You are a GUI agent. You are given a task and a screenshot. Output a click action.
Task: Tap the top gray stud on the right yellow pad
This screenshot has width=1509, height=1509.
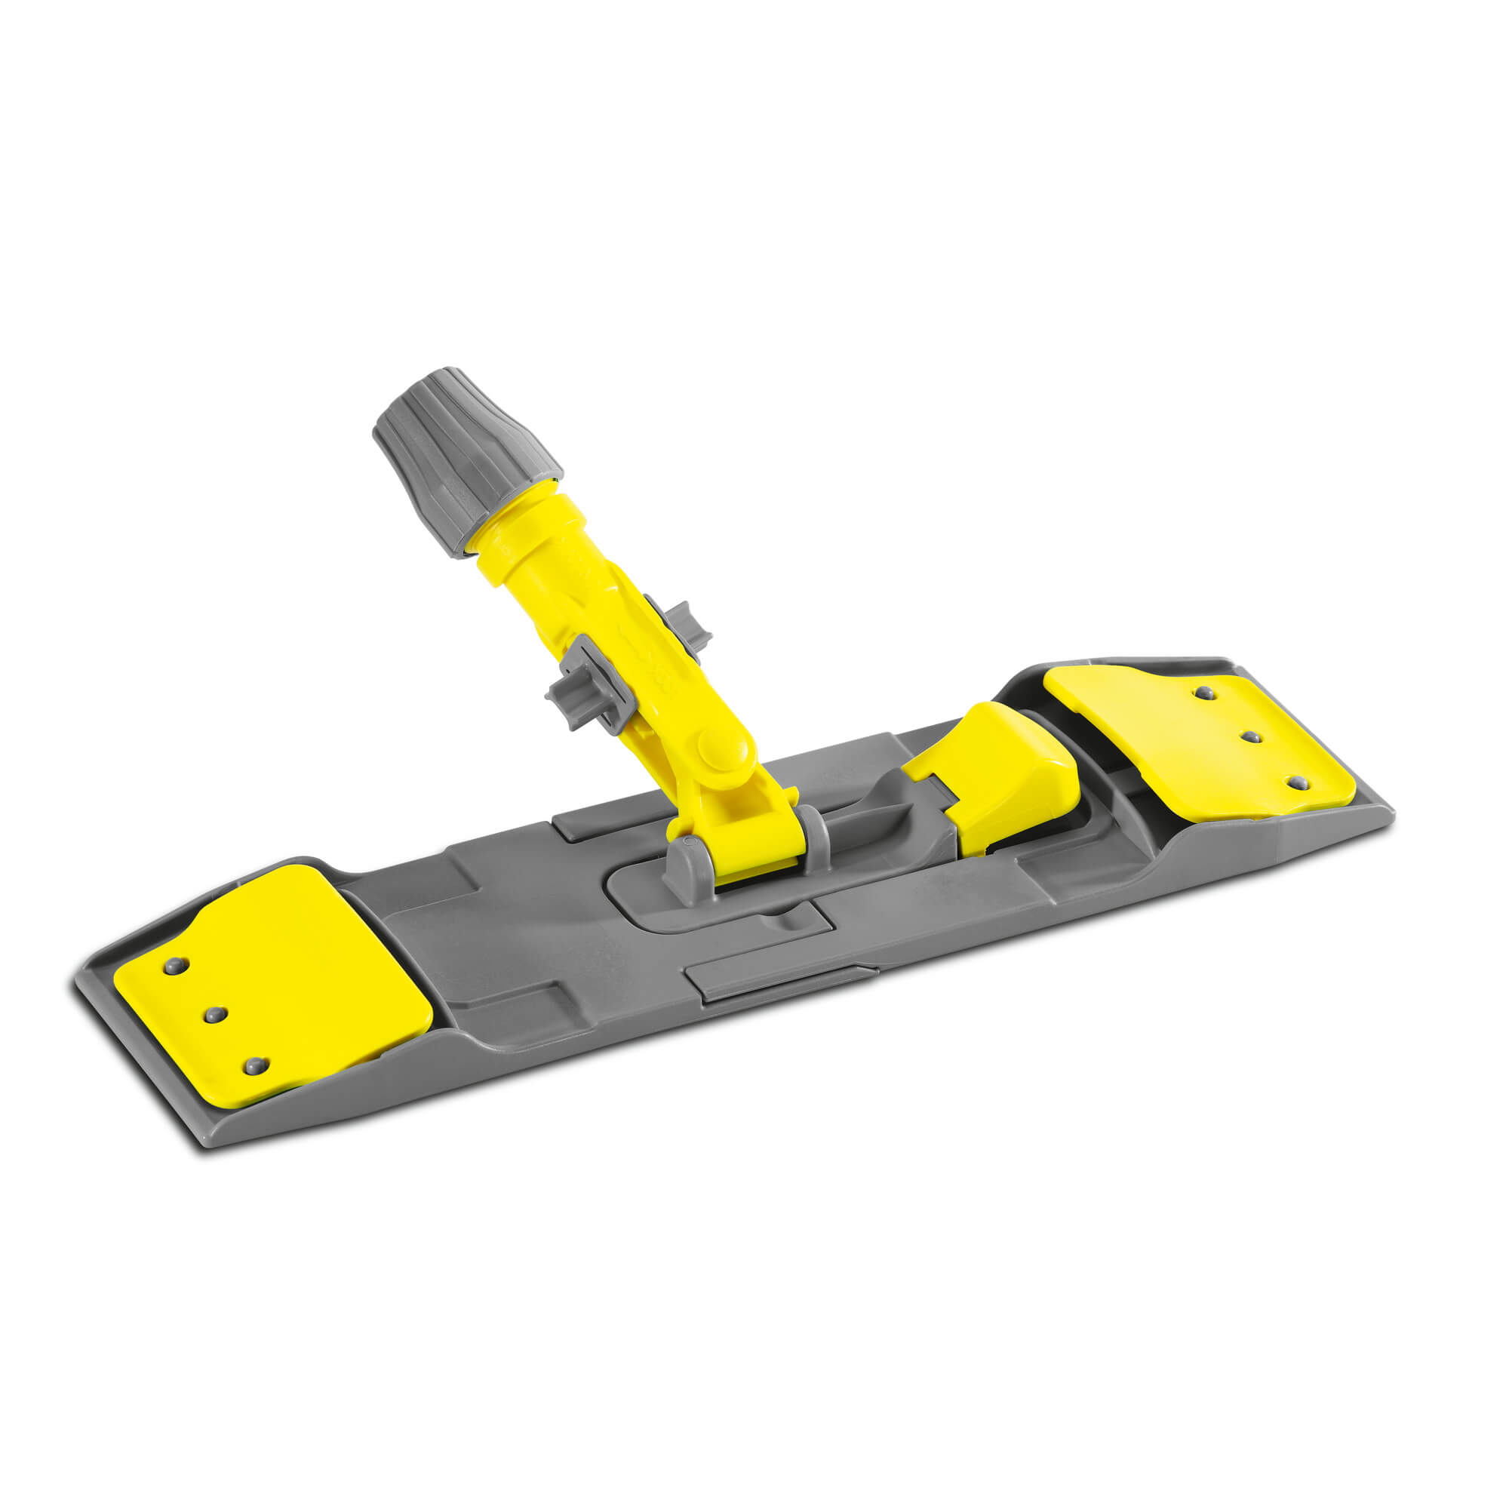pyautogui.click(x=1205, y=692)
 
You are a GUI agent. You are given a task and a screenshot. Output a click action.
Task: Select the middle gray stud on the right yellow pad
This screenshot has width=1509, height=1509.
pyautogui.click(x=1249, y=736)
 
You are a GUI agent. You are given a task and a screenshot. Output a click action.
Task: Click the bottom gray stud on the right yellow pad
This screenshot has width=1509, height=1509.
pyautogui.click(x=1296, y=782)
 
